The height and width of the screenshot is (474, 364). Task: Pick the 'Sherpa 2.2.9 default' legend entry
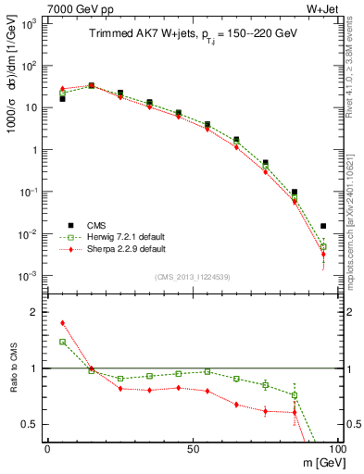[125, 249]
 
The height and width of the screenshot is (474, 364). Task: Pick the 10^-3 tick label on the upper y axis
[29, 276]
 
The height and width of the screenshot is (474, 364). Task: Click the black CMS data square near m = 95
[323, 226]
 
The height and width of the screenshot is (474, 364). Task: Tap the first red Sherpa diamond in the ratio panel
[62, 323]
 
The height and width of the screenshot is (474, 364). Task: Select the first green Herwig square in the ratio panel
[62, 342]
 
